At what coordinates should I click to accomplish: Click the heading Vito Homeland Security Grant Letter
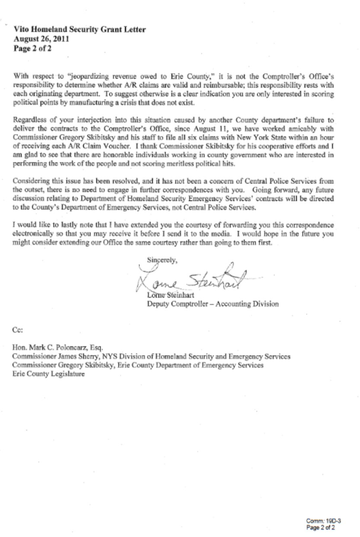[x=79, y=30]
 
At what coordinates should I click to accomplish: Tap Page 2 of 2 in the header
[x=32, y=48]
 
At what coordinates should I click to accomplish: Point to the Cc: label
[x=18, y=330]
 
